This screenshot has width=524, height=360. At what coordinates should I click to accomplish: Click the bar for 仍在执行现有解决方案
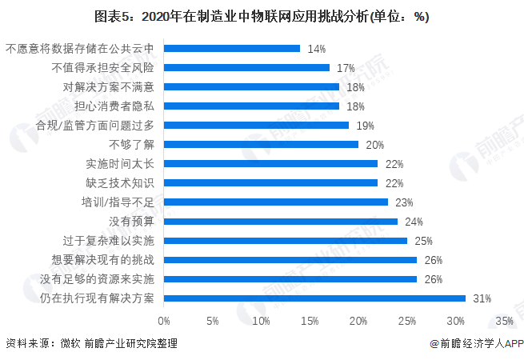(x=314, y=298)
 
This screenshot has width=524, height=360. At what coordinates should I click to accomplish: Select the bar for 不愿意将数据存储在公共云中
(x=232, y=49)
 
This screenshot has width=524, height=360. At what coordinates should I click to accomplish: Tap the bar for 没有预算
(x=281, y=222)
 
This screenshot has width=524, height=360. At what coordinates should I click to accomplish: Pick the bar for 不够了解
(x=261, y=145)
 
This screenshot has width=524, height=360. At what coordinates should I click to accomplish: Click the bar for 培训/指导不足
(x=276, y=202)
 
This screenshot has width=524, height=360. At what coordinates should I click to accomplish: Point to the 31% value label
(x=482, y=298)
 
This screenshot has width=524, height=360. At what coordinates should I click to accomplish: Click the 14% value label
(x=316, y=49)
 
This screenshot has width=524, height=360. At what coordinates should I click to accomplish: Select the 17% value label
(x=346, y=68)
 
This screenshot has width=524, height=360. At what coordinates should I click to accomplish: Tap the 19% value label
(x=365, y=126)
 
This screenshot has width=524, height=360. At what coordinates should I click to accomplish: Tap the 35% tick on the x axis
(x=504, y=321)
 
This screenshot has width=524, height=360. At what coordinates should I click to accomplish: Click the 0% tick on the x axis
(x=164, y=321)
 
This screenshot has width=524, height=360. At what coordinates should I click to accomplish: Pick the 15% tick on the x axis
(x=310, y=321)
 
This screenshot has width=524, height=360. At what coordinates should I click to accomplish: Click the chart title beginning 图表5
(x=262, y=17)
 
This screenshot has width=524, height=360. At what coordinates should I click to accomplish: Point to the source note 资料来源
(x=90, y=343)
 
